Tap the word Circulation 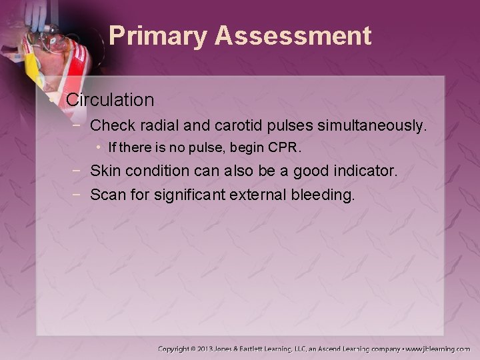(110, 100)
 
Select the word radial (156, 125)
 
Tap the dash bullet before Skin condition (79, 172)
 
